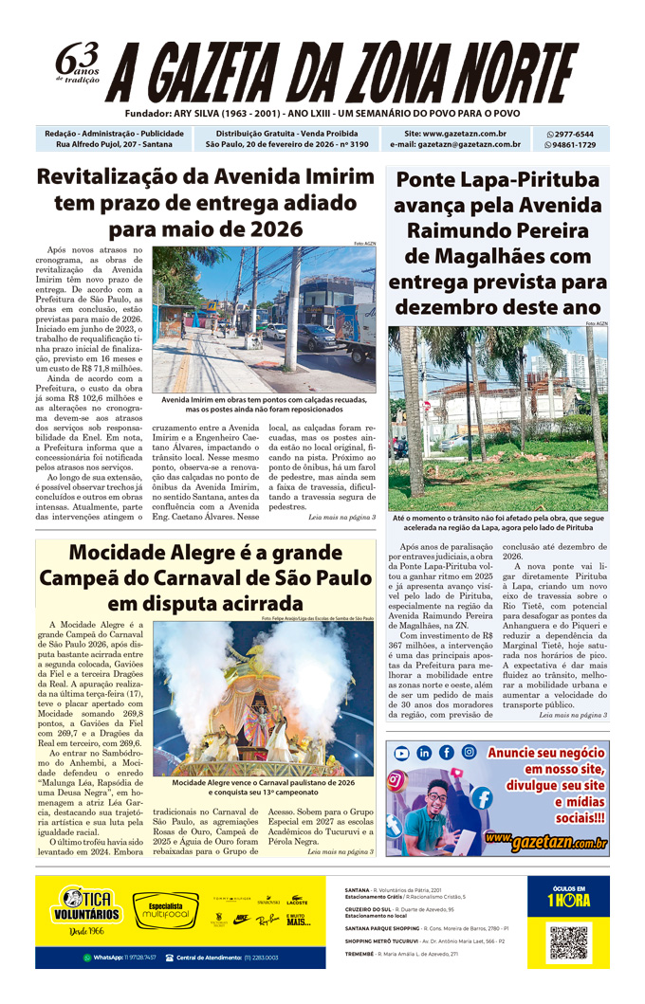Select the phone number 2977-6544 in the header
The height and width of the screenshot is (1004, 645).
[x=575, y=135]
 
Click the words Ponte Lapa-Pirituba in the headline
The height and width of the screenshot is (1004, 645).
[x=497, y=180]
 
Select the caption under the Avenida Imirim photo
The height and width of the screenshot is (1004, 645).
[x=264, y=405]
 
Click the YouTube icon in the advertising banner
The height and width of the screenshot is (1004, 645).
[x=402, y=753]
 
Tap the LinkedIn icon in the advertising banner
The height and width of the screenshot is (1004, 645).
[x=424, y=753]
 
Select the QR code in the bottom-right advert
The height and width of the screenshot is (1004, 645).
[x=569, y=942]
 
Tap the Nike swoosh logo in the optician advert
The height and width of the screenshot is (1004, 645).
[x=242, y=919]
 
